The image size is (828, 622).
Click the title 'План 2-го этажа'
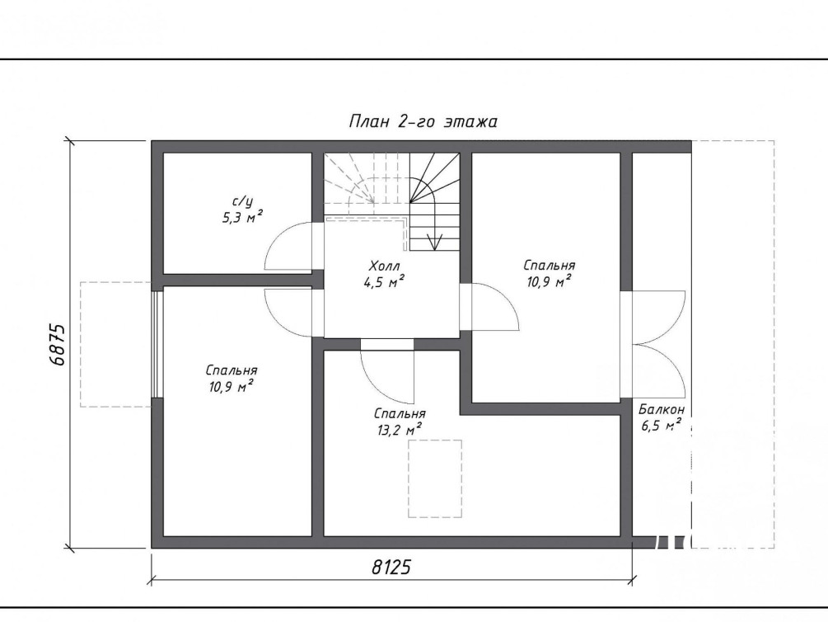[423, 121]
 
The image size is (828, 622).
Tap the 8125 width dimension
[391, 567]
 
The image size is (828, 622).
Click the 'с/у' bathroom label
[242, 201]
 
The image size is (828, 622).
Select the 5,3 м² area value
[242, 218]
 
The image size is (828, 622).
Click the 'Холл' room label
[385, 266]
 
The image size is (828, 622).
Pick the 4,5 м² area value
[384, 282]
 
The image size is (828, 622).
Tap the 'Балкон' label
[662, 409]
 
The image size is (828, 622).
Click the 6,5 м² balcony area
[661, 425]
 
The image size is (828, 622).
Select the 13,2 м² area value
[400, 430]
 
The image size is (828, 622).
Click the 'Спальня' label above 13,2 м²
[400, 413]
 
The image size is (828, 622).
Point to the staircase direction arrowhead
[434, 242]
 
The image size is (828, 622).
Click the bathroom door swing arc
[288, 247]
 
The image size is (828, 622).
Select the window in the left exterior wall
[157, 344]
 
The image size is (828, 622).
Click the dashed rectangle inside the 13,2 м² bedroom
[435, 478]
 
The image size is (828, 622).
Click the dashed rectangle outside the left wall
[115, 344]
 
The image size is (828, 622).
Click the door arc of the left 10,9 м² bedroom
[288, 313]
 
